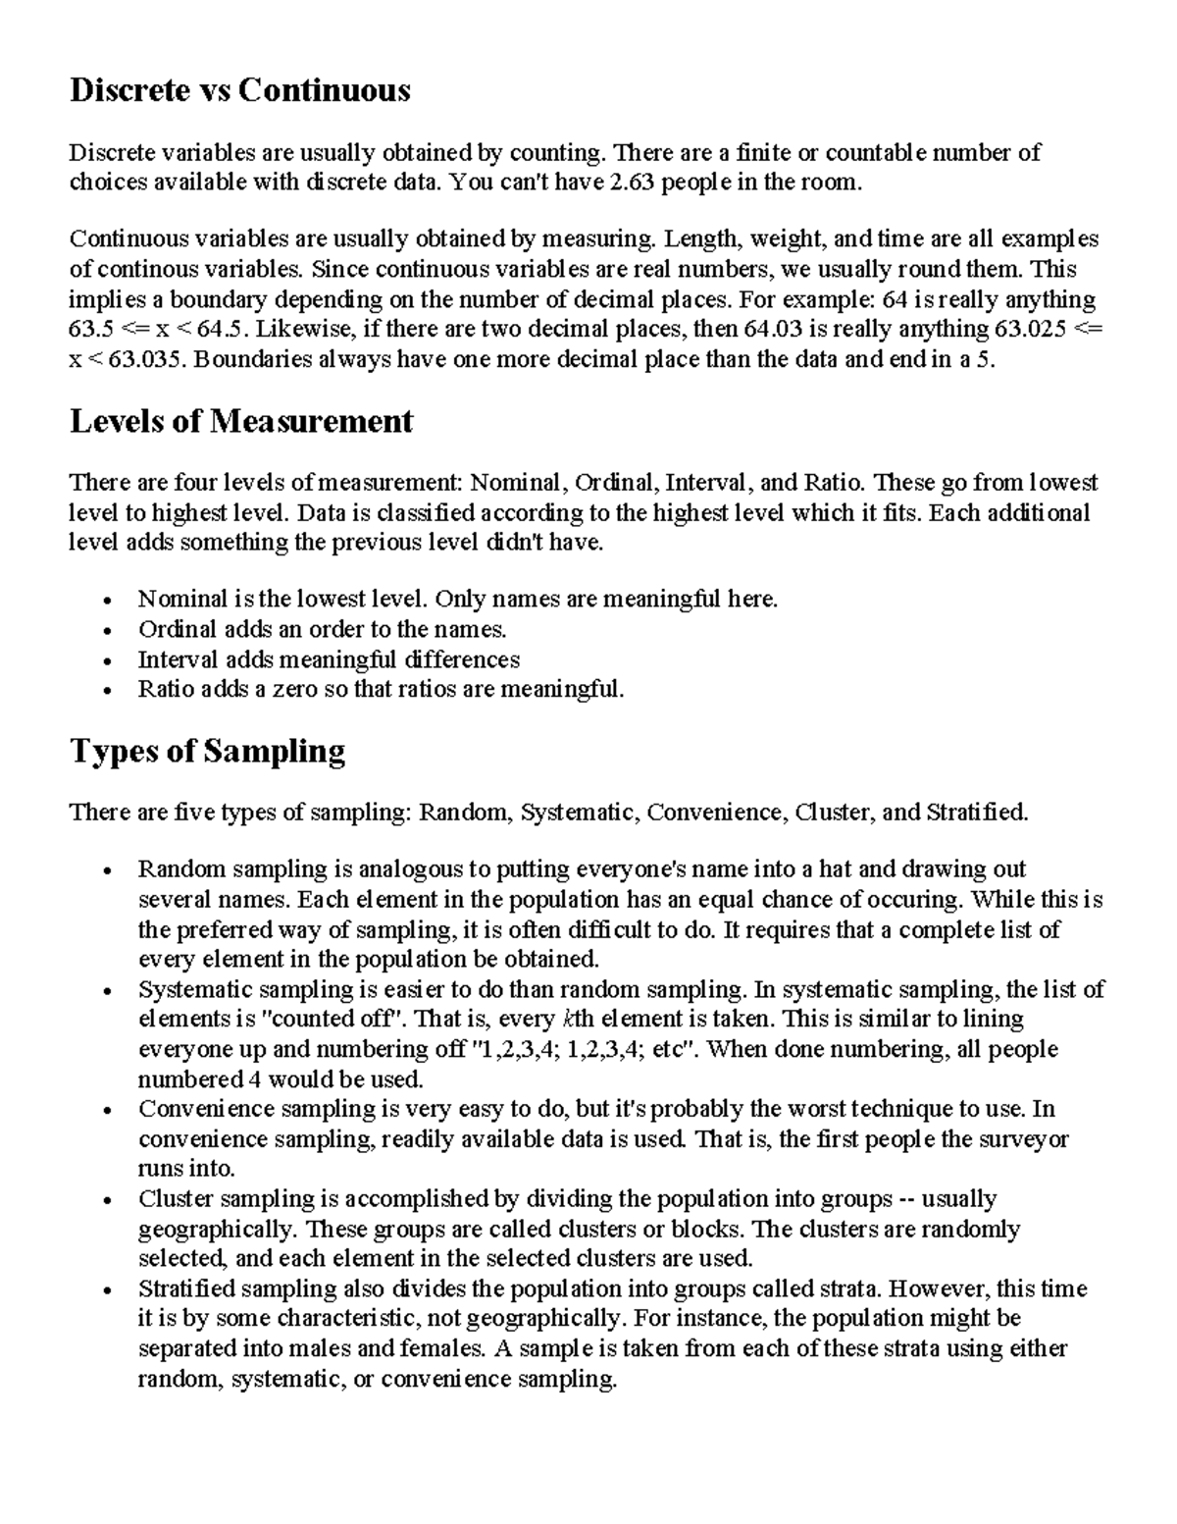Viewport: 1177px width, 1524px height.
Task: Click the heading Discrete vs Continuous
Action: tap(239, 91)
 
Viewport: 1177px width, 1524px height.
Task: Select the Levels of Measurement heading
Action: tap(241, 422)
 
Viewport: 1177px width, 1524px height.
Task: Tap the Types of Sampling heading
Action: tap(207, 752)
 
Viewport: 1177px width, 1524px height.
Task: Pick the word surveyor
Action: tap(1027, 1139)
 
